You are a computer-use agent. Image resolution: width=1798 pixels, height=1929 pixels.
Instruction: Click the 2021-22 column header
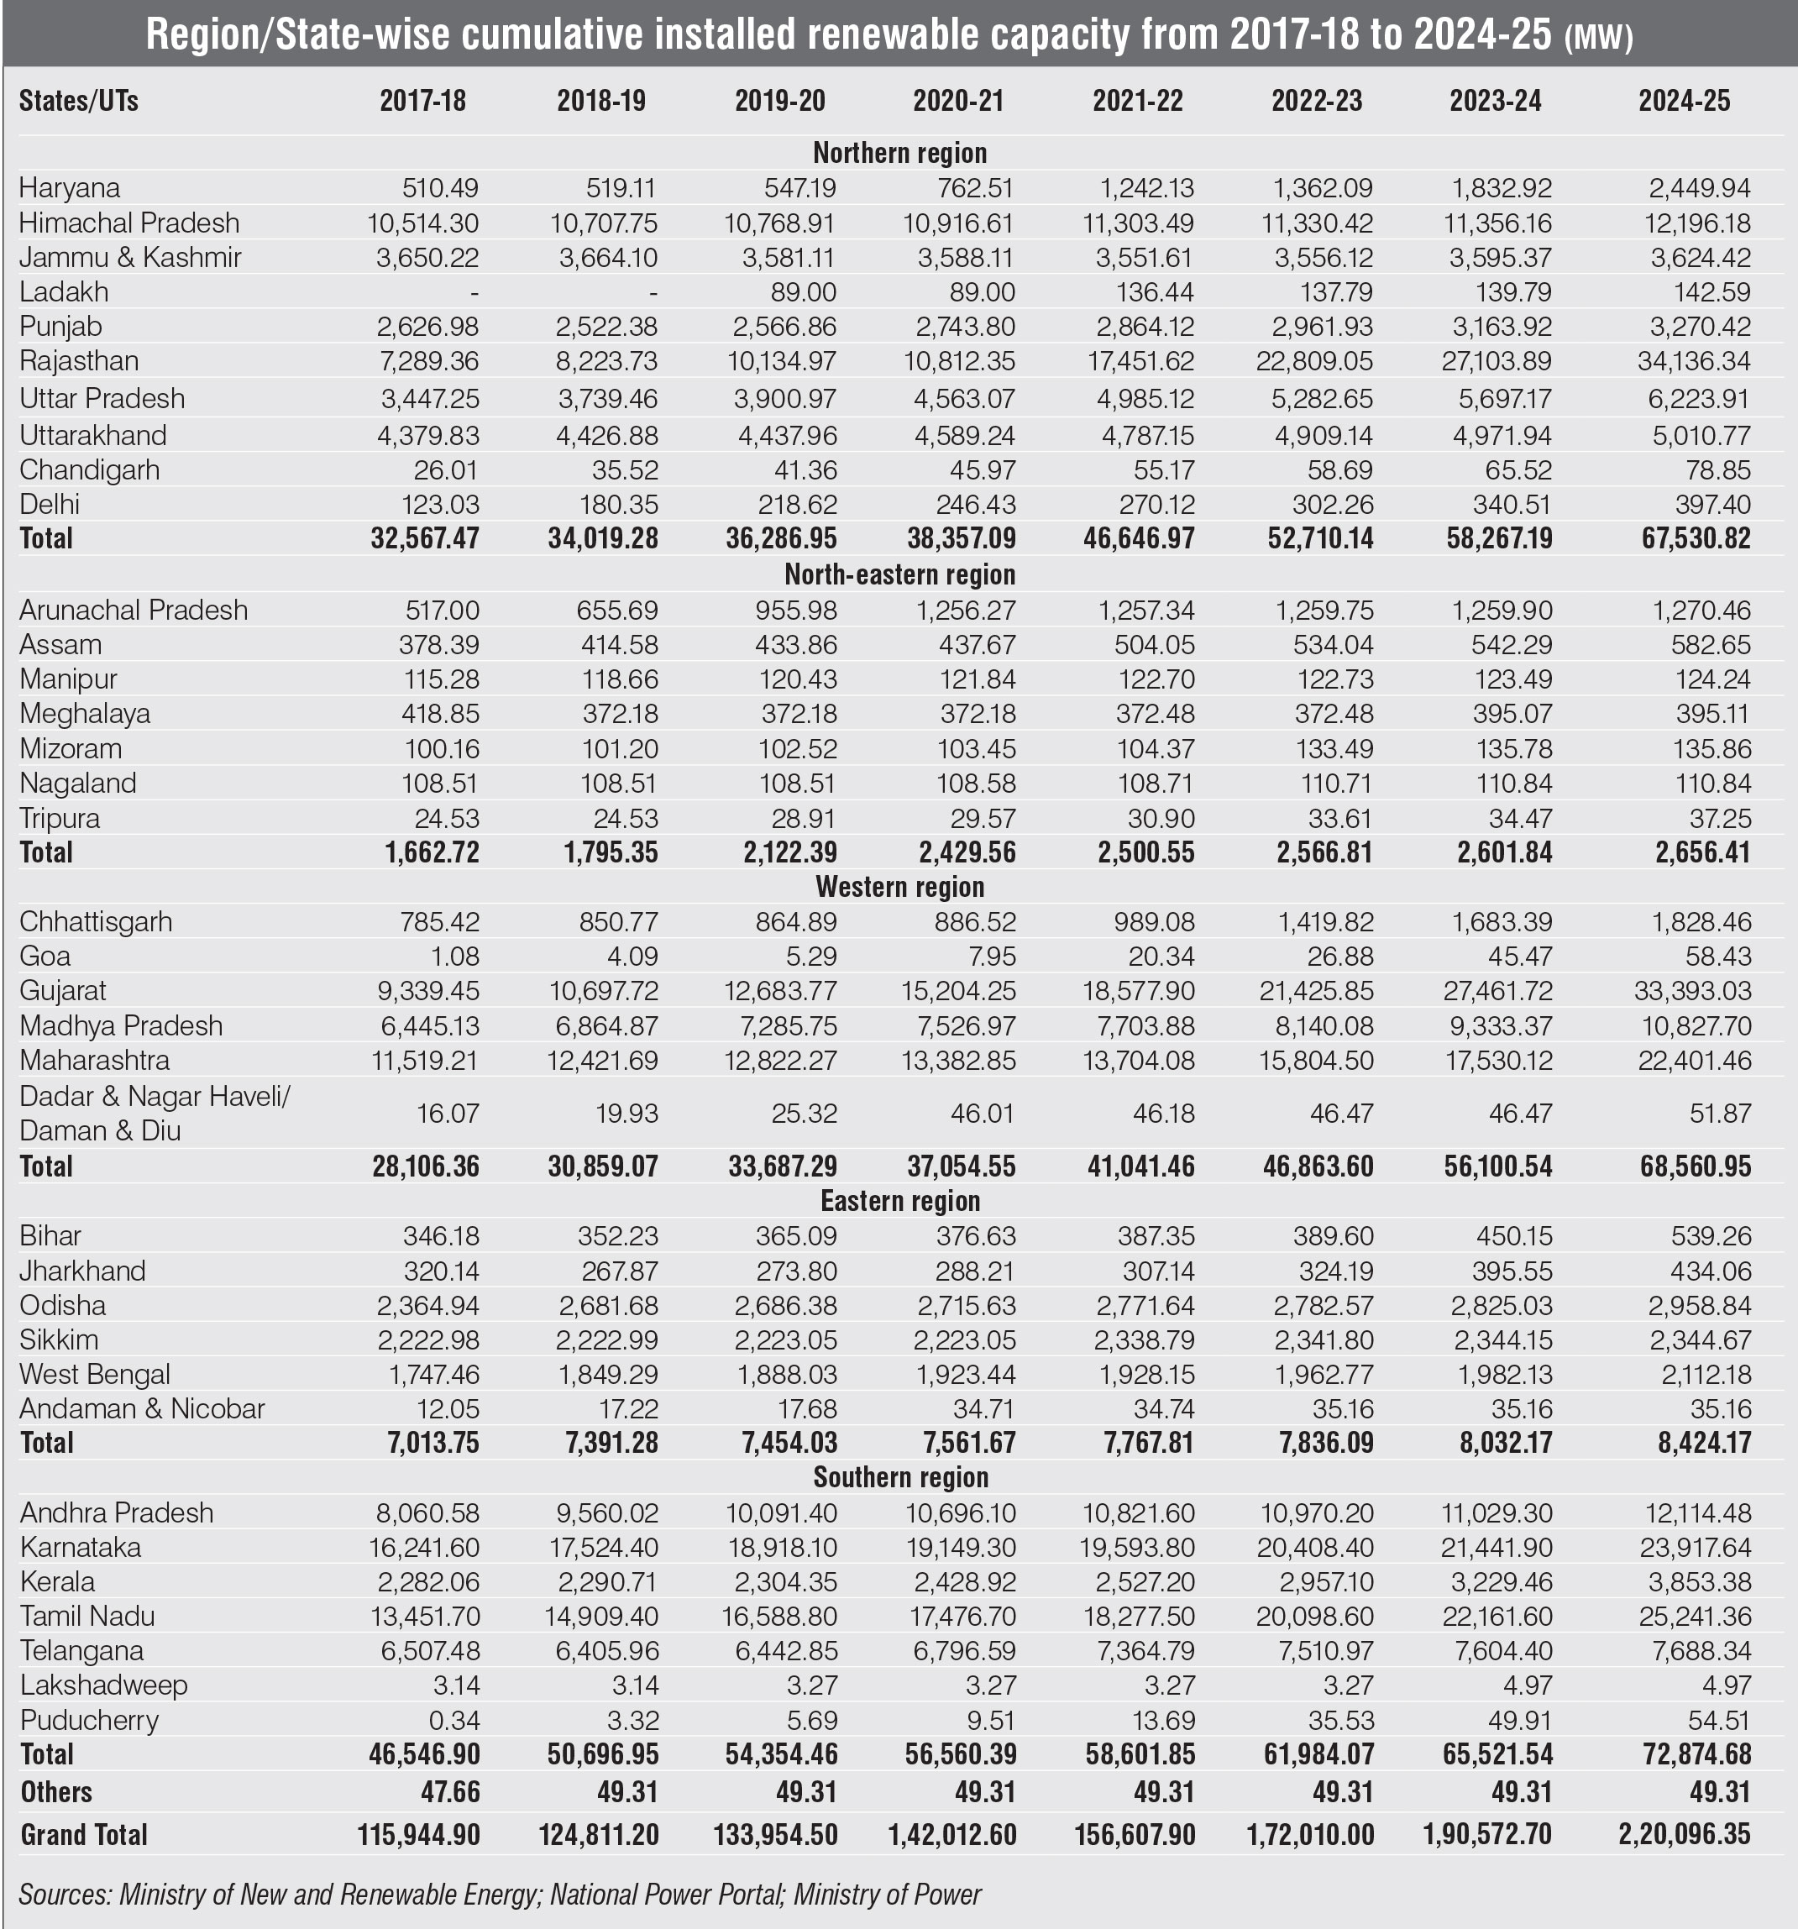tap(1137, 101)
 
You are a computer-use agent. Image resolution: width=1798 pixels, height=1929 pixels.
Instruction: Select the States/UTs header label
tap(79, 101)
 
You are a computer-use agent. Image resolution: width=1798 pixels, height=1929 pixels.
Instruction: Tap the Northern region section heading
tap(899, 154)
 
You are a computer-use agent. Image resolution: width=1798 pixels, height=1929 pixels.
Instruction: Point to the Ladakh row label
tap(64, 292)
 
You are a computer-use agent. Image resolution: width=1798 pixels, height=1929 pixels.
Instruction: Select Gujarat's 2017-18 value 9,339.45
tap(428, 991)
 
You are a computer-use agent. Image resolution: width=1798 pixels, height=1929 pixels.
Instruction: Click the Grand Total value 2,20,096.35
tap(1685, 1834)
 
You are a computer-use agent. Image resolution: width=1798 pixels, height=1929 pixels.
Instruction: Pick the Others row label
tap(56, 1791)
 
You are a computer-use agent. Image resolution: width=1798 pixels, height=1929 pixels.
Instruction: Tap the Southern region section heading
tap(900, 1477)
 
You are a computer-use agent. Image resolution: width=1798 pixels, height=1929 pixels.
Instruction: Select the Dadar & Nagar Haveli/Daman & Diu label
tap(155, 1113)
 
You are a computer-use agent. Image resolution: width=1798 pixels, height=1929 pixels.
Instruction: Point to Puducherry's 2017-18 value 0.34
tap(452, 1721)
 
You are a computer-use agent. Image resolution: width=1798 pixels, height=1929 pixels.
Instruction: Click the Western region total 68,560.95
tap(1685, 1166)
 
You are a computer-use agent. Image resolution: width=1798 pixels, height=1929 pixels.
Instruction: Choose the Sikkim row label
tap(59, 1340)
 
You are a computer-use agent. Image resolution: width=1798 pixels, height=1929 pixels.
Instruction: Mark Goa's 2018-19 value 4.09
tap(631, 957)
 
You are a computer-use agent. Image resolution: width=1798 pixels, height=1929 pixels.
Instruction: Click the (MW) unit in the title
tap(1598, 37)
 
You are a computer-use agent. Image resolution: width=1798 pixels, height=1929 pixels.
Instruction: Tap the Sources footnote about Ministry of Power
tap(500, 1894)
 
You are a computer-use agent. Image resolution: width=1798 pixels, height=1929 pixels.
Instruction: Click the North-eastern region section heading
tap(899, 574)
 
